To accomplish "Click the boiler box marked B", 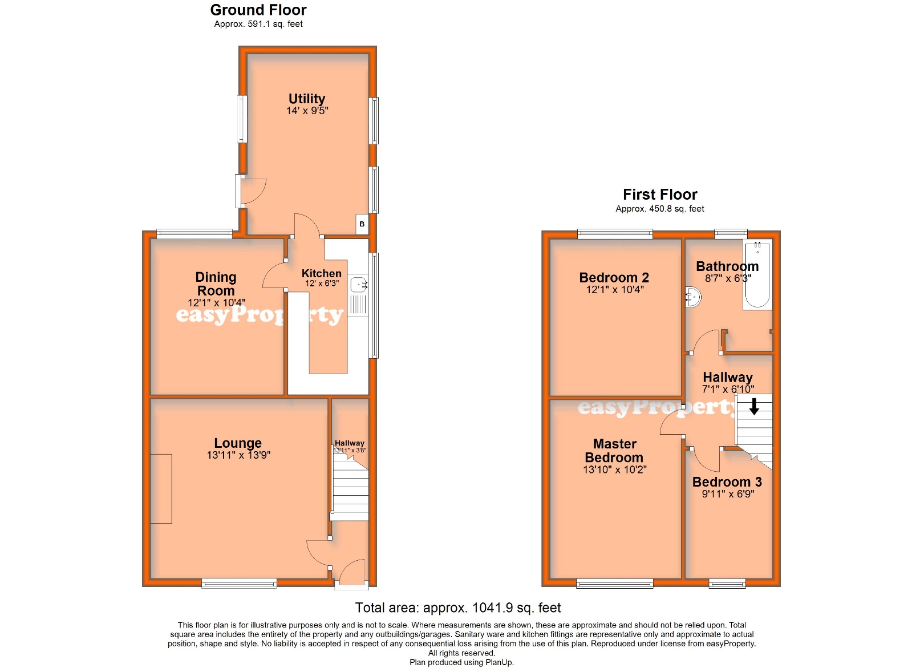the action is coord(362,224).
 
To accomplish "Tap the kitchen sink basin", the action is coord(358,285).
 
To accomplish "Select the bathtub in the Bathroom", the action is coord(757,274).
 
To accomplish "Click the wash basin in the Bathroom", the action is coord(694,297).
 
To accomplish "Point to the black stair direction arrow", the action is coord(754,406).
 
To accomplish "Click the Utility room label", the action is coord(307,99).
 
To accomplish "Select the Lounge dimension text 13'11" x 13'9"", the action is coord(238,455).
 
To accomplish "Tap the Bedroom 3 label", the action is coord(727,482).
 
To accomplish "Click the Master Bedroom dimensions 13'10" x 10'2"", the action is coord(615,469).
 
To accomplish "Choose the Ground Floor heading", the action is coord(258,10).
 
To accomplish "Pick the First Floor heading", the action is coord(660,195).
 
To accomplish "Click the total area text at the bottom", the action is coord(458,608).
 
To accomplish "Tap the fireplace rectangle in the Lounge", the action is coord(161,489).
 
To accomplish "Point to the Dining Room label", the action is coord(216,284).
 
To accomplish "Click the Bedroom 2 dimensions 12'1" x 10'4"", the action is coord(615,290).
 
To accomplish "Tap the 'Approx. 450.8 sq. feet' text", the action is coord(659,209).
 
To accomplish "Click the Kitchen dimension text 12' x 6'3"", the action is coord(322,284).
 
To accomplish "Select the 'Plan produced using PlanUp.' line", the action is coord(461,662).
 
